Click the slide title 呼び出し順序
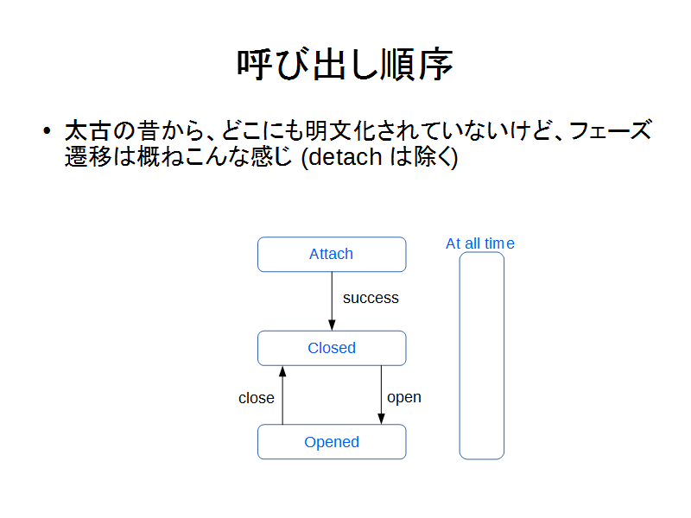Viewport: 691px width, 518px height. pos(345,64)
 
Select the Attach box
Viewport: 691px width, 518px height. pos(332,254)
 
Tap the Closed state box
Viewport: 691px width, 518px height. pos(332,348)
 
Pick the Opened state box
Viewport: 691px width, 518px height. pos(332,442)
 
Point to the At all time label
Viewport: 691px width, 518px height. pos(480,243)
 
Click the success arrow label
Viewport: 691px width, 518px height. pos(371,298)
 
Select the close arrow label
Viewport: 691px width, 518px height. pos(256,398)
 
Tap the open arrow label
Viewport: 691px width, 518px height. pos(404,398)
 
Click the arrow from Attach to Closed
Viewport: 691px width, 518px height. pos(332,301)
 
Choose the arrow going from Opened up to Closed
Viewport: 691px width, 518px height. pos(282,395)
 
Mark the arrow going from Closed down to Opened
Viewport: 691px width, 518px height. pos(381,395)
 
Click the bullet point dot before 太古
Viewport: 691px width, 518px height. pos(48,131)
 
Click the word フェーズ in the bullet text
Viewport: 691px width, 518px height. pos(610,131)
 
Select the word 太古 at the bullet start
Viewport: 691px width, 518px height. pos(87,131)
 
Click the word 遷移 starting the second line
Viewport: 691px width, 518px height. pos(88,157)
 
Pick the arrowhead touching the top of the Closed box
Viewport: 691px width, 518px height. pos(332,325)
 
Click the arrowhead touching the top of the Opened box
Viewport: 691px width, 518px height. pos(381,420)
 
